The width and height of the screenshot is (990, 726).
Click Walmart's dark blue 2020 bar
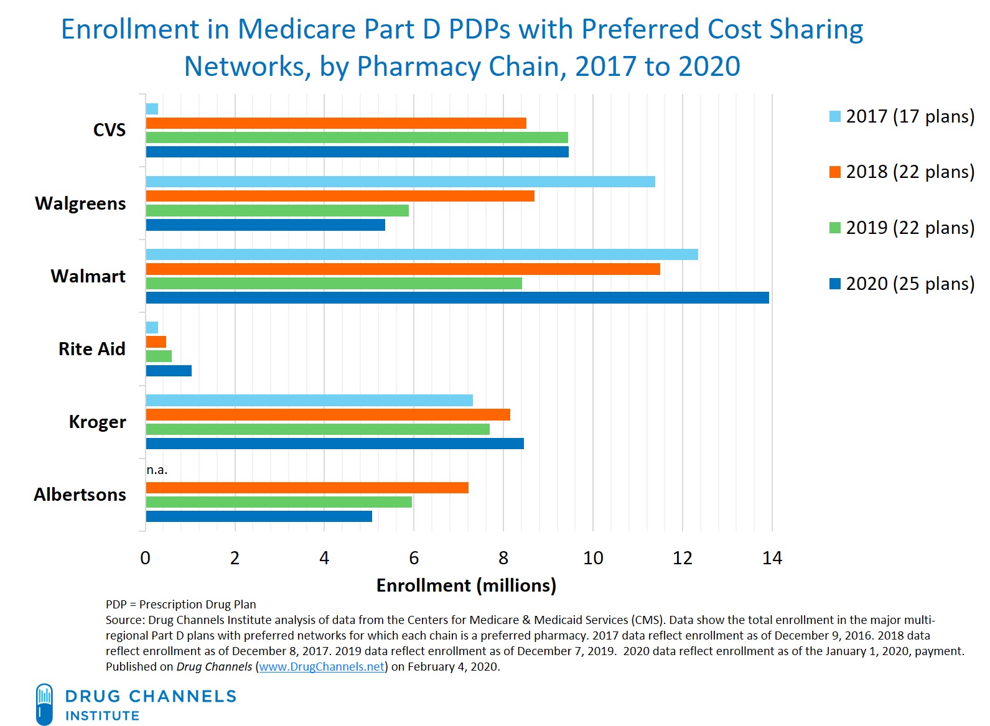point(457,297)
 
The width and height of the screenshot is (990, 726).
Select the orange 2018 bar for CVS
point(336,123)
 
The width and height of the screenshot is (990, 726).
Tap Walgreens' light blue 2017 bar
point(400,182)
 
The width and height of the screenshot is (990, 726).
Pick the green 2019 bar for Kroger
point(317,429)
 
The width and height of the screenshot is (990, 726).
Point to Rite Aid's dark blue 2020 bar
point(169,371)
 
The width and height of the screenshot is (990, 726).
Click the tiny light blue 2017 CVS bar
point(152,109)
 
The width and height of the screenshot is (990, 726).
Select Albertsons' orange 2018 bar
point(307,488)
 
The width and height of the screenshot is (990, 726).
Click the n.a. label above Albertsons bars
point(157,470)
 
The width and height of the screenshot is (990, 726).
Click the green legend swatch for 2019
point(835,228)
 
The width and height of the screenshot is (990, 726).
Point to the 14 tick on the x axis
point(772,558)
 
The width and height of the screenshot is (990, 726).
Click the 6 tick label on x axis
point(414,558)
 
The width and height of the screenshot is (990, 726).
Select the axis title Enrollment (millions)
point(466,585)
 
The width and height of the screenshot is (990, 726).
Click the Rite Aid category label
point(91,349)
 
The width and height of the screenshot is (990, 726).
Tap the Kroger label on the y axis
point(97,422)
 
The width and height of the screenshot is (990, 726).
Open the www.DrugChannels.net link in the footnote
point(322,667)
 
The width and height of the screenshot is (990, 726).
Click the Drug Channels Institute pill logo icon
point(44,704)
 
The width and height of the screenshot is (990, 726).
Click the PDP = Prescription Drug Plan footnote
point(180,604)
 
